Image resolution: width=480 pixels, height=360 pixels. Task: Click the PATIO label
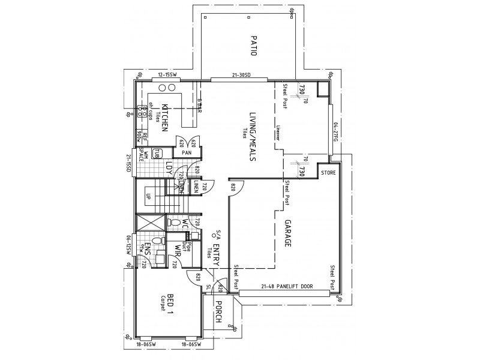(x=253, y=45)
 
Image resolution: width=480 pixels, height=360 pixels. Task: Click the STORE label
(x=328, y=173)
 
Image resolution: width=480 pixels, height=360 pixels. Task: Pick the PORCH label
(x=218, y=311)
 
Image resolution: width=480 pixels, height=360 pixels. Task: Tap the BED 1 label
(x=170, y=305)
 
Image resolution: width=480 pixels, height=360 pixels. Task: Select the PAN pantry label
(x=187, y=152)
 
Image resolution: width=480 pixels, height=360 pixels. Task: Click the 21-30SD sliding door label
(x=241, y=75)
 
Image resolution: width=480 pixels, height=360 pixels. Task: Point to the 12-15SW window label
(x=164, y=75)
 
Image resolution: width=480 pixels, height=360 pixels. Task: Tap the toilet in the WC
(x=175, y=223)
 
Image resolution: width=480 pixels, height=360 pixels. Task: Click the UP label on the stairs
(x=148, y=196)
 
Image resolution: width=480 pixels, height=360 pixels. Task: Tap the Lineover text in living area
(x=279, y=133)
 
